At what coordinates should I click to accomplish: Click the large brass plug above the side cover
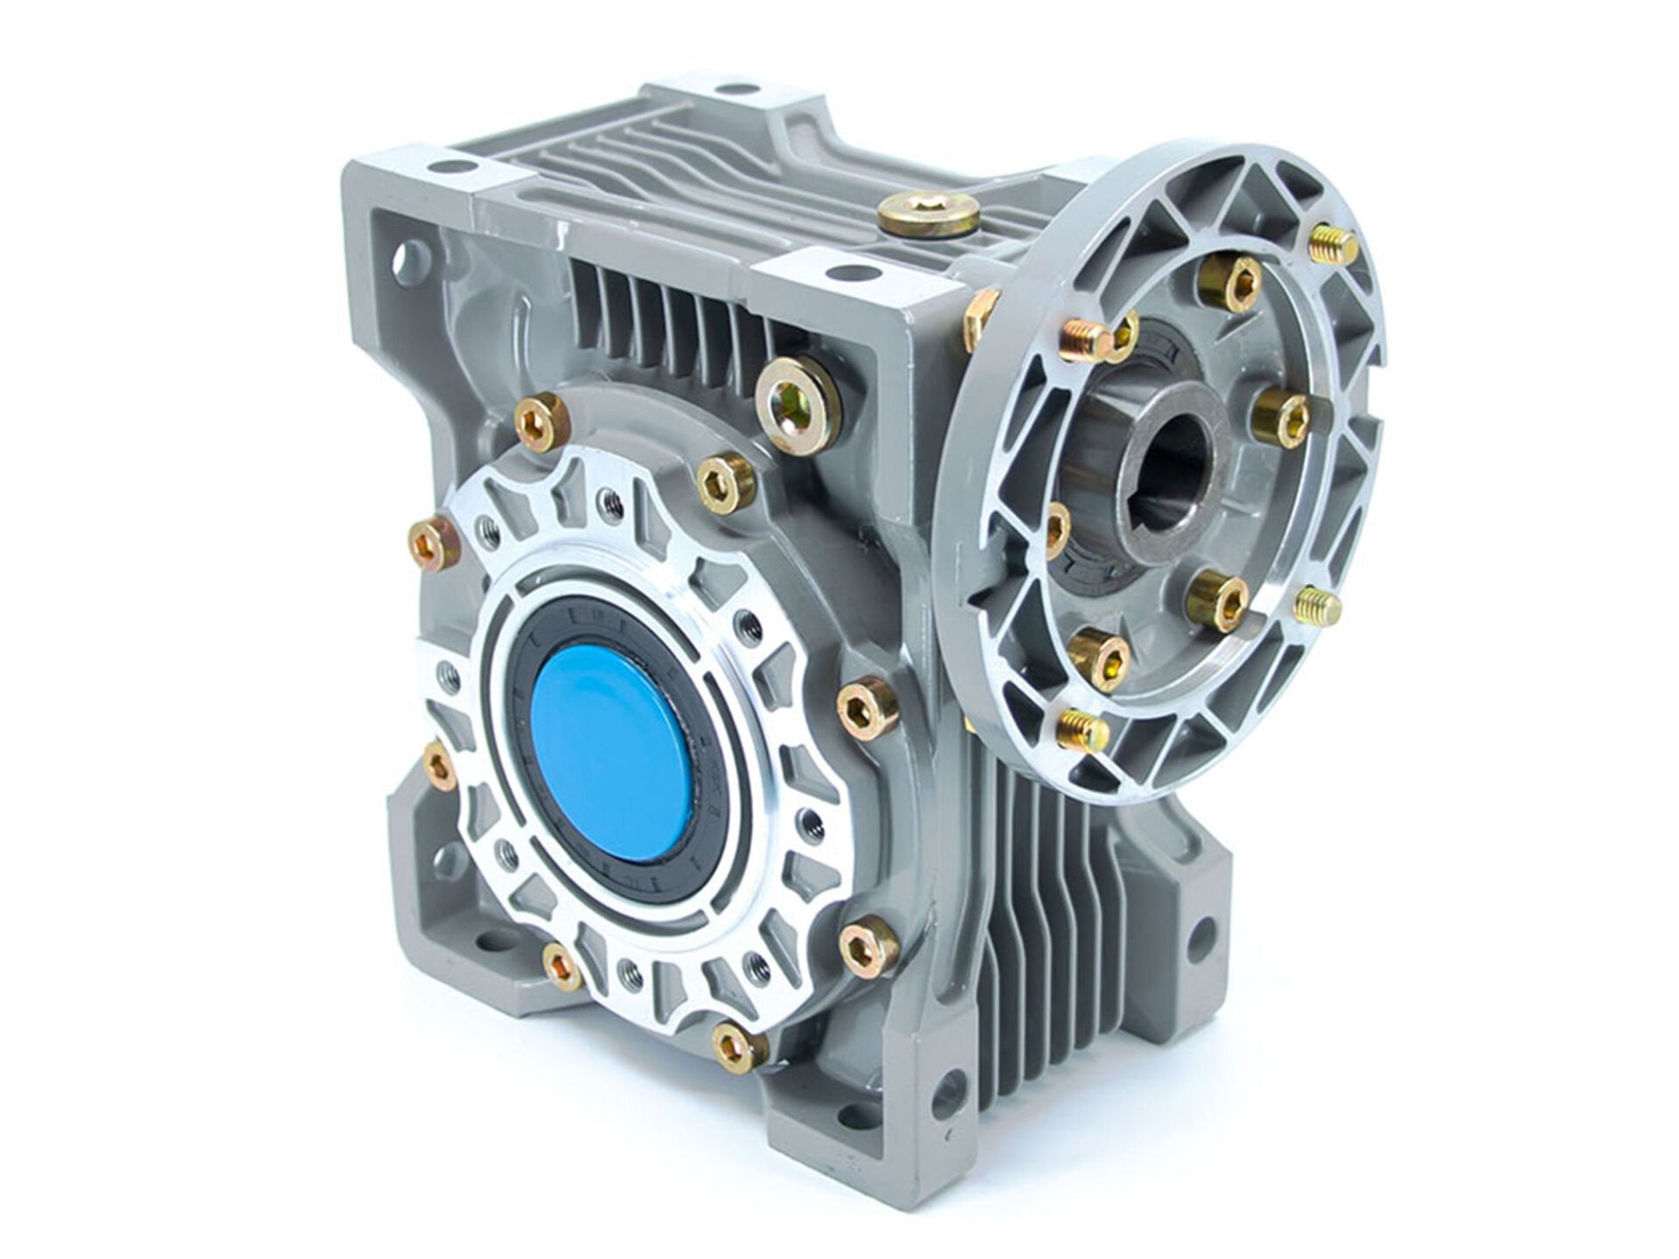[x=798, y=400]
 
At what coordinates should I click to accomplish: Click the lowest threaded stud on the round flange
[x=1081, y=731]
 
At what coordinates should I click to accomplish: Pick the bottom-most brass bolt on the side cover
[x=738, y=1046]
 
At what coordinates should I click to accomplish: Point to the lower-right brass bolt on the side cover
[x=867, y=944]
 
